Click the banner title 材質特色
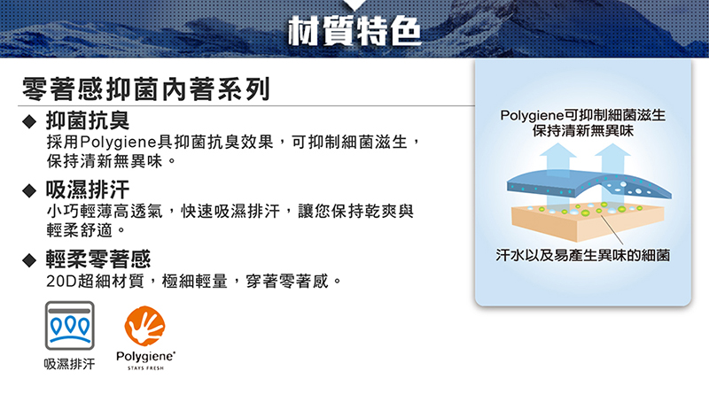pos(354,31)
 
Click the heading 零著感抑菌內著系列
pos(146,89)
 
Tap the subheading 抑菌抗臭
pos(87,120)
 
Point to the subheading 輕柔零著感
pos(98,259)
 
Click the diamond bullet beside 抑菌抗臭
pos(29,121)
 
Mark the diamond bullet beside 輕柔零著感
pos(29,260)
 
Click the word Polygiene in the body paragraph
pos(119,143)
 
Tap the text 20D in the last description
pos(61,282)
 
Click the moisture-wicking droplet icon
pos(70,325)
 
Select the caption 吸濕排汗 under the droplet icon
pos(70,364)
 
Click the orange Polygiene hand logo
pos(144,326)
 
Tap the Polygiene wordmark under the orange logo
pos(145,357)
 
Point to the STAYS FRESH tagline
pos(145,368)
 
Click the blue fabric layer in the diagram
pos(588,184)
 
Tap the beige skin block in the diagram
pos(588,222)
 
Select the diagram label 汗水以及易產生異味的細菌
pos(583,256)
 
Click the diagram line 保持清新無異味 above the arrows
pos(583,131)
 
